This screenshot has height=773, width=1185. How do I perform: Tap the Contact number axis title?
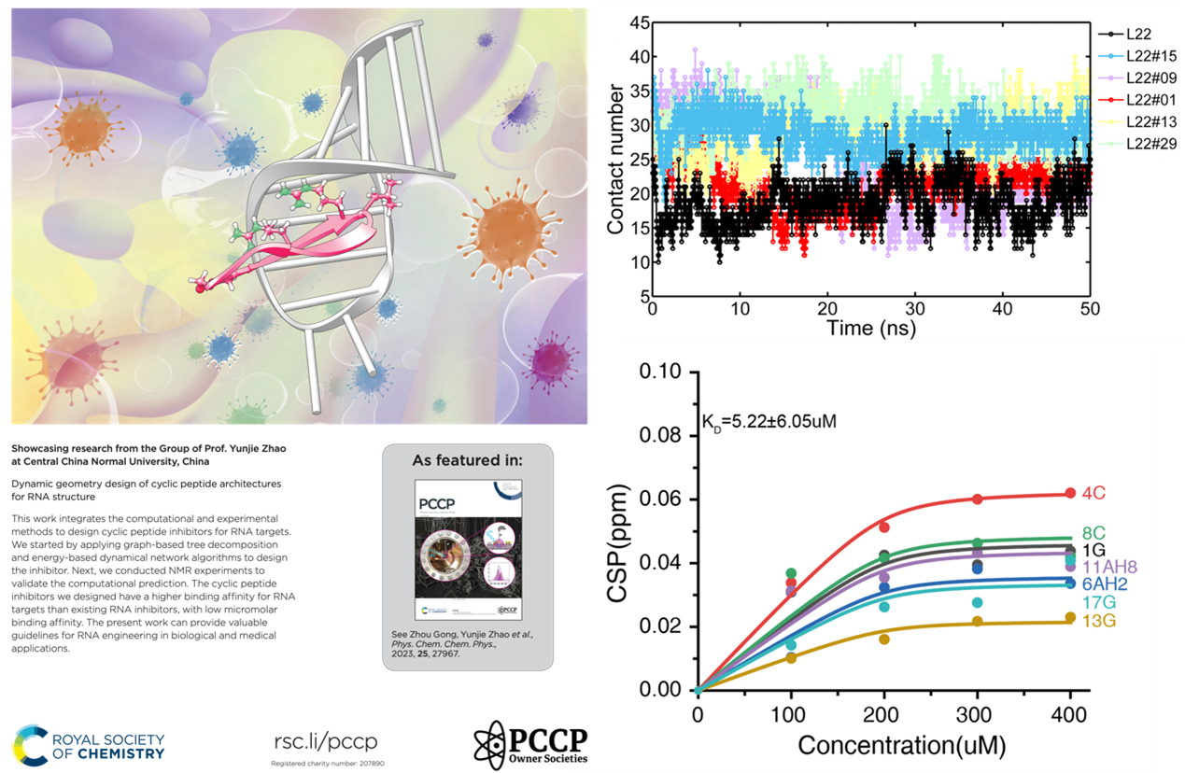[x=615, y=159]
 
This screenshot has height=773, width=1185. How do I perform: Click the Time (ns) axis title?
[x=870, y=328]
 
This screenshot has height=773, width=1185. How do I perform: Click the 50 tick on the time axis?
[x=1090, y=309]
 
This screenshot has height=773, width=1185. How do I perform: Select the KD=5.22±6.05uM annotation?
[x=769, y=421]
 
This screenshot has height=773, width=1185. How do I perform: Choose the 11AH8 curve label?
[x=1108, y=568]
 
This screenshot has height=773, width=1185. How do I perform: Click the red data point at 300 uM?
[x=977, y=499]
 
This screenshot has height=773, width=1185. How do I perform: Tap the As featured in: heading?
[x=468, y=460]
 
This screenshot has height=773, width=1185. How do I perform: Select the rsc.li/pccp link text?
[x=325, y=743]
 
